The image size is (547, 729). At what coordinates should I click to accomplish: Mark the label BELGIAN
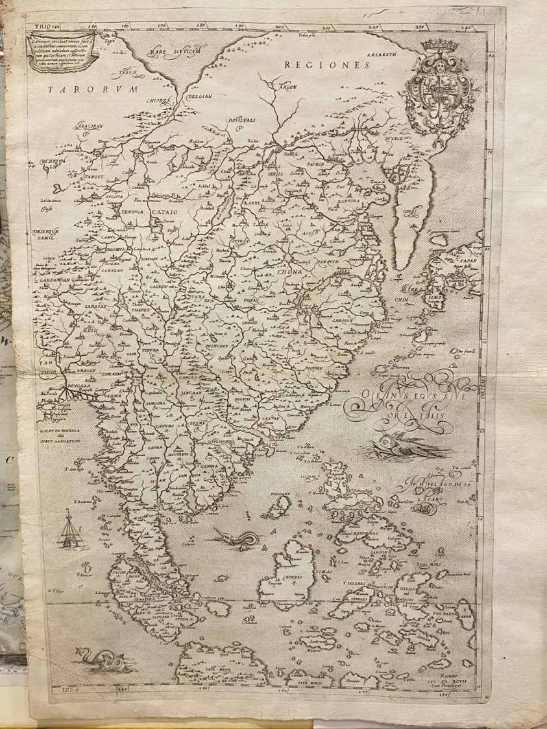click(183, 95)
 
